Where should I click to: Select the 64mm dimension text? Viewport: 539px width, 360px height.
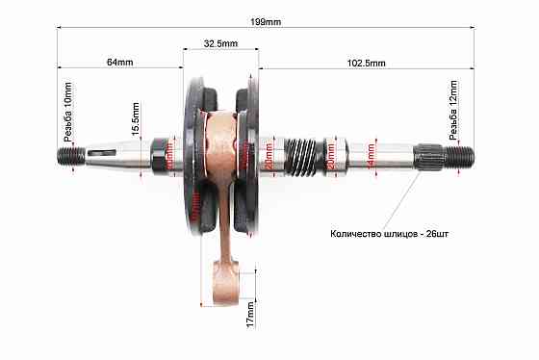(119, 62)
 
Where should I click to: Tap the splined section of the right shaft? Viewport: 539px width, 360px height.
(429, 154)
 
